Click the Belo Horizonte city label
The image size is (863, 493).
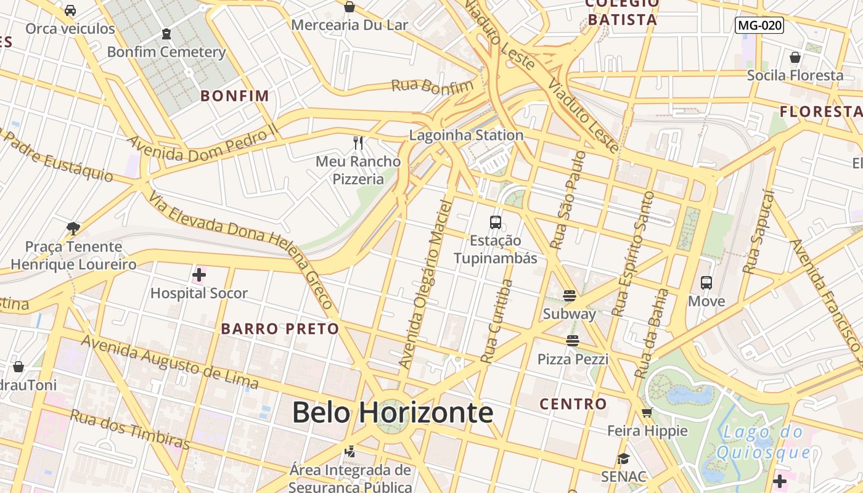coord(393,412)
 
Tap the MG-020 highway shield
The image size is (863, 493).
coord(759,25)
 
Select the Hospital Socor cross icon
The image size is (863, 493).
coord(198,275)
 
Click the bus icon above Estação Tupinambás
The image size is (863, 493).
coord(496,222)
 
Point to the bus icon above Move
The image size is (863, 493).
coord(706,283)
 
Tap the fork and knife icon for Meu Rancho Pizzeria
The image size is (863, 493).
coord(358,143)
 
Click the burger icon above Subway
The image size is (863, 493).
coord(569,296)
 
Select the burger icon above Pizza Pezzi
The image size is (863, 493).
coord(573,341)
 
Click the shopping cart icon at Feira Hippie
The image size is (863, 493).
coord(647,413)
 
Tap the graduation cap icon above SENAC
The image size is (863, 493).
coord(624,458)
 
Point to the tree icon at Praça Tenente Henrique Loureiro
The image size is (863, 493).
coord(73,229)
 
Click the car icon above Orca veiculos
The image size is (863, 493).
coord(70,10)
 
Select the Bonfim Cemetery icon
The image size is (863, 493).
coord(166,34)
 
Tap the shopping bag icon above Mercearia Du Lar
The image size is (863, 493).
coord(350,7)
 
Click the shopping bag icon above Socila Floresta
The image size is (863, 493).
coord(795,57)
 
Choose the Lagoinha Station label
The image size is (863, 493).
coord(467,135)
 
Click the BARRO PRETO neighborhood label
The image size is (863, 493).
coord(280,328)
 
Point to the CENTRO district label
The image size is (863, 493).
coord(573,404)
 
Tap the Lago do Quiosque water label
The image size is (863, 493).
coord(763,442)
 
